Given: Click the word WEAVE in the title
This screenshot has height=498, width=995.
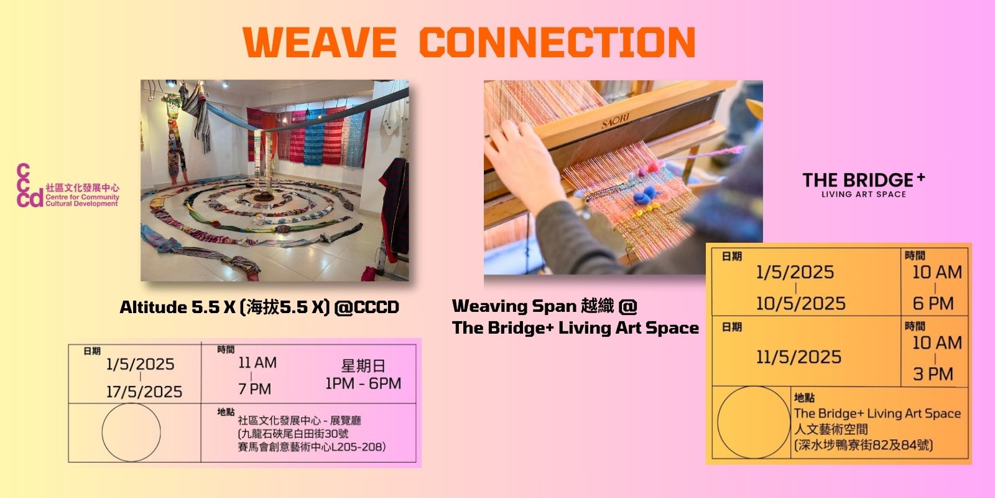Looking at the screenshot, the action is tap(320, 42).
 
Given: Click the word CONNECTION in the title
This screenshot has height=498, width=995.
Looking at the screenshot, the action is tap(557, 42).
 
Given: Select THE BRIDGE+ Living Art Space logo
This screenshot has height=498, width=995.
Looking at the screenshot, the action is tap(864, 184).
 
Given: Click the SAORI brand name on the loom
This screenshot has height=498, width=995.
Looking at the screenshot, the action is tap(615, 120).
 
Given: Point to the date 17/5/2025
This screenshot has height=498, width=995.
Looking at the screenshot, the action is tap(144, 392).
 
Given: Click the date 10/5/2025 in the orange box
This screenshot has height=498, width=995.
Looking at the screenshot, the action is tap(801, 304).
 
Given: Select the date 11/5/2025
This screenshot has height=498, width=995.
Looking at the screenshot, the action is tap(798, 357).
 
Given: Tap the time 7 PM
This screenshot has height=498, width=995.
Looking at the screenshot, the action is tap(254, 389).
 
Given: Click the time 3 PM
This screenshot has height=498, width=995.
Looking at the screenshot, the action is tap(933, 374).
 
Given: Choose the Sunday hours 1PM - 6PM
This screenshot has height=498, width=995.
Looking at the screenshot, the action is tap(363, 383).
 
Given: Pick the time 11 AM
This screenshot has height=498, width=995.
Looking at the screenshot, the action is tap(257, 363).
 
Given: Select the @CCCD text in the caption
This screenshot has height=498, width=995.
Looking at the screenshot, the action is tap(366, 308).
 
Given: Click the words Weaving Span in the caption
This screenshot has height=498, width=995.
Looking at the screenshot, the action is tap(514, 306).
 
